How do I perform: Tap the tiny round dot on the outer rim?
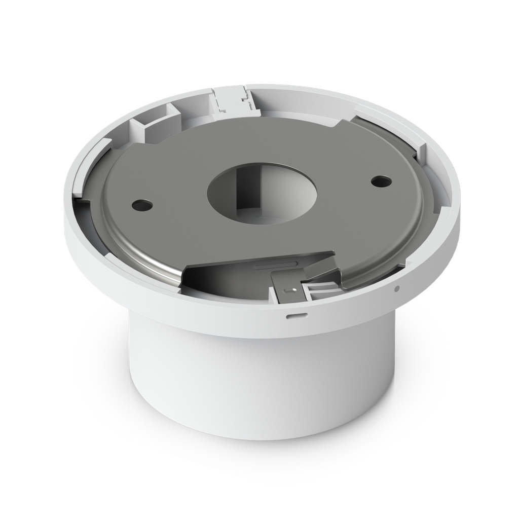click(397, 289)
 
